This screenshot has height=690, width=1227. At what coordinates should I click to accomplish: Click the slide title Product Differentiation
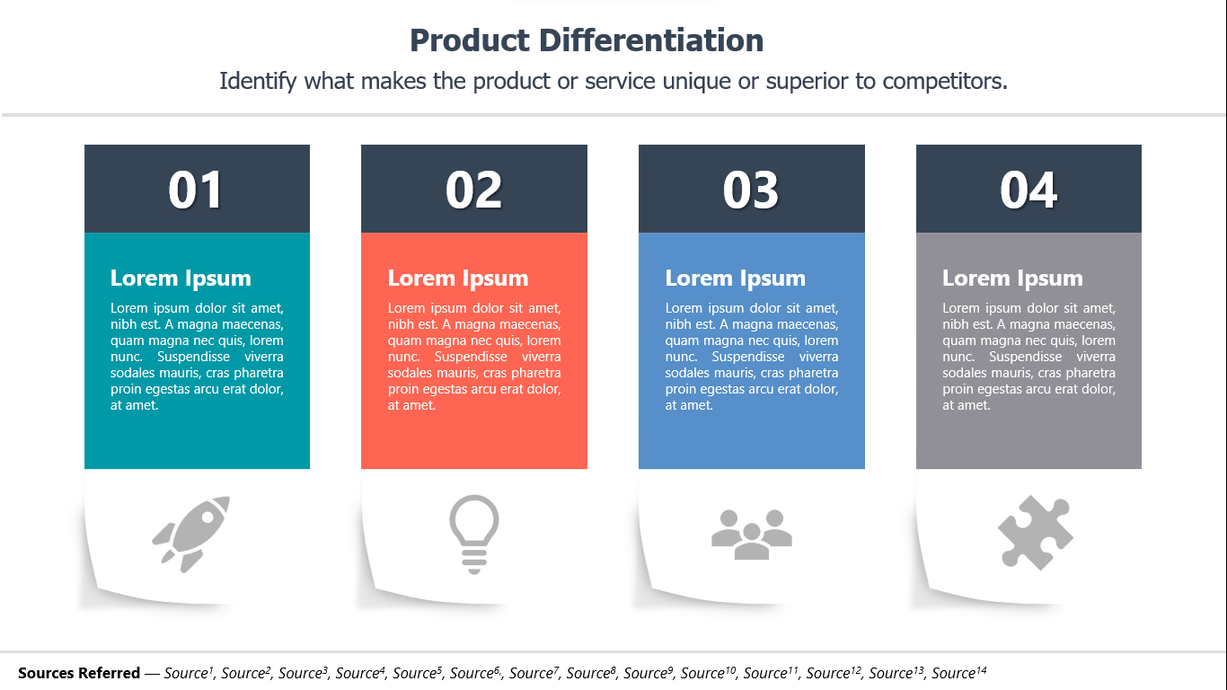click(x=587, y=40)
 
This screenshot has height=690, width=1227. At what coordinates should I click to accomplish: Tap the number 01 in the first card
click(x=196, y=190)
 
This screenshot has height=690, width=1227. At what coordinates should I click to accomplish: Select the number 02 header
click(x=473, y=190)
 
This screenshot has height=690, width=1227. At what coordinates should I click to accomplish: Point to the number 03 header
click(x=751, y=190)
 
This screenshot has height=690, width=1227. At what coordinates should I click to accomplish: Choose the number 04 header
click(x=1028, y=190)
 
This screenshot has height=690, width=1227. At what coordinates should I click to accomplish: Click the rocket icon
click(x=191, y=533)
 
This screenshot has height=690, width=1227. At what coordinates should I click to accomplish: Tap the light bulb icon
click(x=473, y=534)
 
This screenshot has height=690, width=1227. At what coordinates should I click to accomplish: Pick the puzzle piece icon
click(x=1035, y=533)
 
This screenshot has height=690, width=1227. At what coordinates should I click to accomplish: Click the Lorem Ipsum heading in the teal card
click(x=181, y=279)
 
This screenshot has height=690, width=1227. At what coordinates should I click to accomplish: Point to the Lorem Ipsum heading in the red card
click(x=458, y=279)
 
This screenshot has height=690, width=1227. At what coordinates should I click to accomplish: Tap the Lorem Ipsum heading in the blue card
click(x=736, y=279)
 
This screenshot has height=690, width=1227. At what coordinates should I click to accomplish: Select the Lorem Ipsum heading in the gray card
click(x=1012, y=279)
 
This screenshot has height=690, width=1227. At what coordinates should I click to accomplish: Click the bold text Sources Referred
click(x=79, y=673)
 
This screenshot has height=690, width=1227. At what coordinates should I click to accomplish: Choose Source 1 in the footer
click(x=189, y=673)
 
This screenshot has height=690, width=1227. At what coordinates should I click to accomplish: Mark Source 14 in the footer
click(x=958, y=673)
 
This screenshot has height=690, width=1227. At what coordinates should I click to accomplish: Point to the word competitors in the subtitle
click(x=944, y=81)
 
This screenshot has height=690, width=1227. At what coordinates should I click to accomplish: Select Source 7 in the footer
click(x=534, y=673)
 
